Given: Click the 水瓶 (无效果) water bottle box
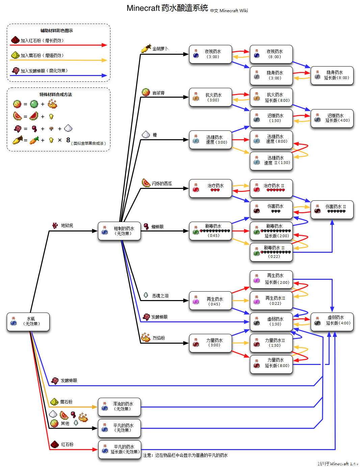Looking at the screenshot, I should (28, 322).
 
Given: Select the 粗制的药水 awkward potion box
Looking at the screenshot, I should (119, 231).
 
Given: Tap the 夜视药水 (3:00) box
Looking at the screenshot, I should (210, 54).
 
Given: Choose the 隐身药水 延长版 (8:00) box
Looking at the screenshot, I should (332, 75).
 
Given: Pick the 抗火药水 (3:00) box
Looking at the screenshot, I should (210, 97).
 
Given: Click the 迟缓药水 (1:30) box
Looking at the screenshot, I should (271, 118).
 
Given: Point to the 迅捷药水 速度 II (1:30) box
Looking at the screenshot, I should (271, 161).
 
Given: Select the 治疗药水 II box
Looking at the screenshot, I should (271, 188).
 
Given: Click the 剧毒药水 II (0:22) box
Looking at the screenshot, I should (271, 252).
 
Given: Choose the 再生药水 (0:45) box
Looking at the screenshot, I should (210, 301).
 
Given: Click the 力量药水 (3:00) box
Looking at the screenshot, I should (210, 343).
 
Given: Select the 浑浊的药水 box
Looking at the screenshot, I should (119, 407).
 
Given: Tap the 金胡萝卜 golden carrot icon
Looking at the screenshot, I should (146, 49).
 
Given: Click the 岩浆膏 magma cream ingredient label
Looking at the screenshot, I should (158, 93).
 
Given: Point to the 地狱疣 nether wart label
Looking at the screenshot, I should (67, 225).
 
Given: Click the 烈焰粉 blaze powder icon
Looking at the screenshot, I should (146, 337).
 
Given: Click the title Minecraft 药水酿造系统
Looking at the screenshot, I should (167, 8).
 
